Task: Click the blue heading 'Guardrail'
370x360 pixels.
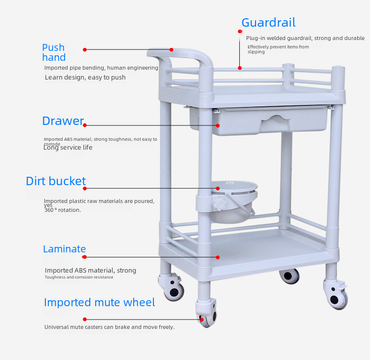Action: (x=268, y=23)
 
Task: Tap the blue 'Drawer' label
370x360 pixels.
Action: (x=63, y=121)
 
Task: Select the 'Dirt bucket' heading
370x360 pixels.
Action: (x=56, y=181)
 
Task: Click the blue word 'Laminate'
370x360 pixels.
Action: (x=64, y=249)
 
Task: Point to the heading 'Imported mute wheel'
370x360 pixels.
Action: (x=99, y=302)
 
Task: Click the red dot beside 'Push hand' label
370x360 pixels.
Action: (x=85, y=49)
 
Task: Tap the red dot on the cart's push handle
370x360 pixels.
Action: (x=172, y=49)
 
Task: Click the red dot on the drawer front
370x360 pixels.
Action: (x=218, y=125)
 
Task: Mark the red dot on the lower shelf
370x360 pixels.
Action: (x=218, y=257)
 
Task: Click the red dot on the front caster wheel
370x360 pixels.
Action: (x=202, y=320)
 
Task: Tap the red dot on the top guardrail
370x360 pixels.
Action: (x=240, y=68)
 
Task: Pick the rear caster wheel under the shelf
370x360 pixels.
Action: (x=289, y=276)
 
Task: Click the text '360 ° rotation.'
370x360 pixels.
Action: (x=63, y=210)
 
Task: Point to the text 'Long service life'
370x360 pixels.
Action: (x=68, y=147)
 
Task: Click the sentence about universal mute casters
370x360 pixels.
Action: (x=110, y=327)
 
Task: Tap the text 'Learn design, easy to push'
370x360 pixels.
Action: (x=85, y=78)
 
